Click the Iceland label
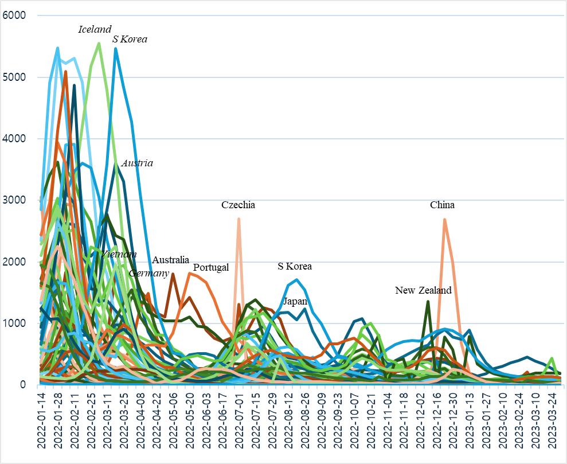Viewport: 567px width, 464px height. pyautogui.click(x=95, y=29)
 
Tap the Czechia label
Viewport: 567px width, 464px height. pyautogui.click(x=238, y=205)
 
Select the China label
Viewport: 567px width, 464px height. pyautogui.click(x=442, y=205)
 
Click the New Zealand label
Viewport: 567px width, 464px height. pyautogui.click(x=423, y=290)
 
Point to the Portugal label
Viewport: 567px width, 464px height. pyautogui.click(x=211, y=267)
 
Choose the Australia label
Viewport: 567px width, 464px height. pyautogui.click(x=170, y=260)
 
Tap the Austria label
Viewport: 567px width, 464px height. pyautogui.click(x=137, y=163)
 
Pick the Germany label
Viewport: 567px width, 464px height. pyautogui.click(x=148, y=273)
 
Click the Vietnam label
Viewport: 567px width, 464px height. pyautogui.click(x=119, y=254)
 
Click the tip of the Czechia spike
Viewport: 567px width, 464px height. pyautogui.click(x=238, y=219)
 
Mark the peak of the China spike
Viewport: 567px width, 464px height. pyautogui.click(x=444, y=219)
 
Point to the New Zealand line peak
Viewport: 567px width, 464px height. pyautogui.click(x=428, y=301)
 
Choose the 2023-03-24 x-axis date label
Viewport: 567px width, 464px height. pyautogui.click(x=552, y=422)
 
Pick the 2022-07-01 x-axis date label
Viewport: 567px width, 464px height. pyautogui.click(x=238, y=422)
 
